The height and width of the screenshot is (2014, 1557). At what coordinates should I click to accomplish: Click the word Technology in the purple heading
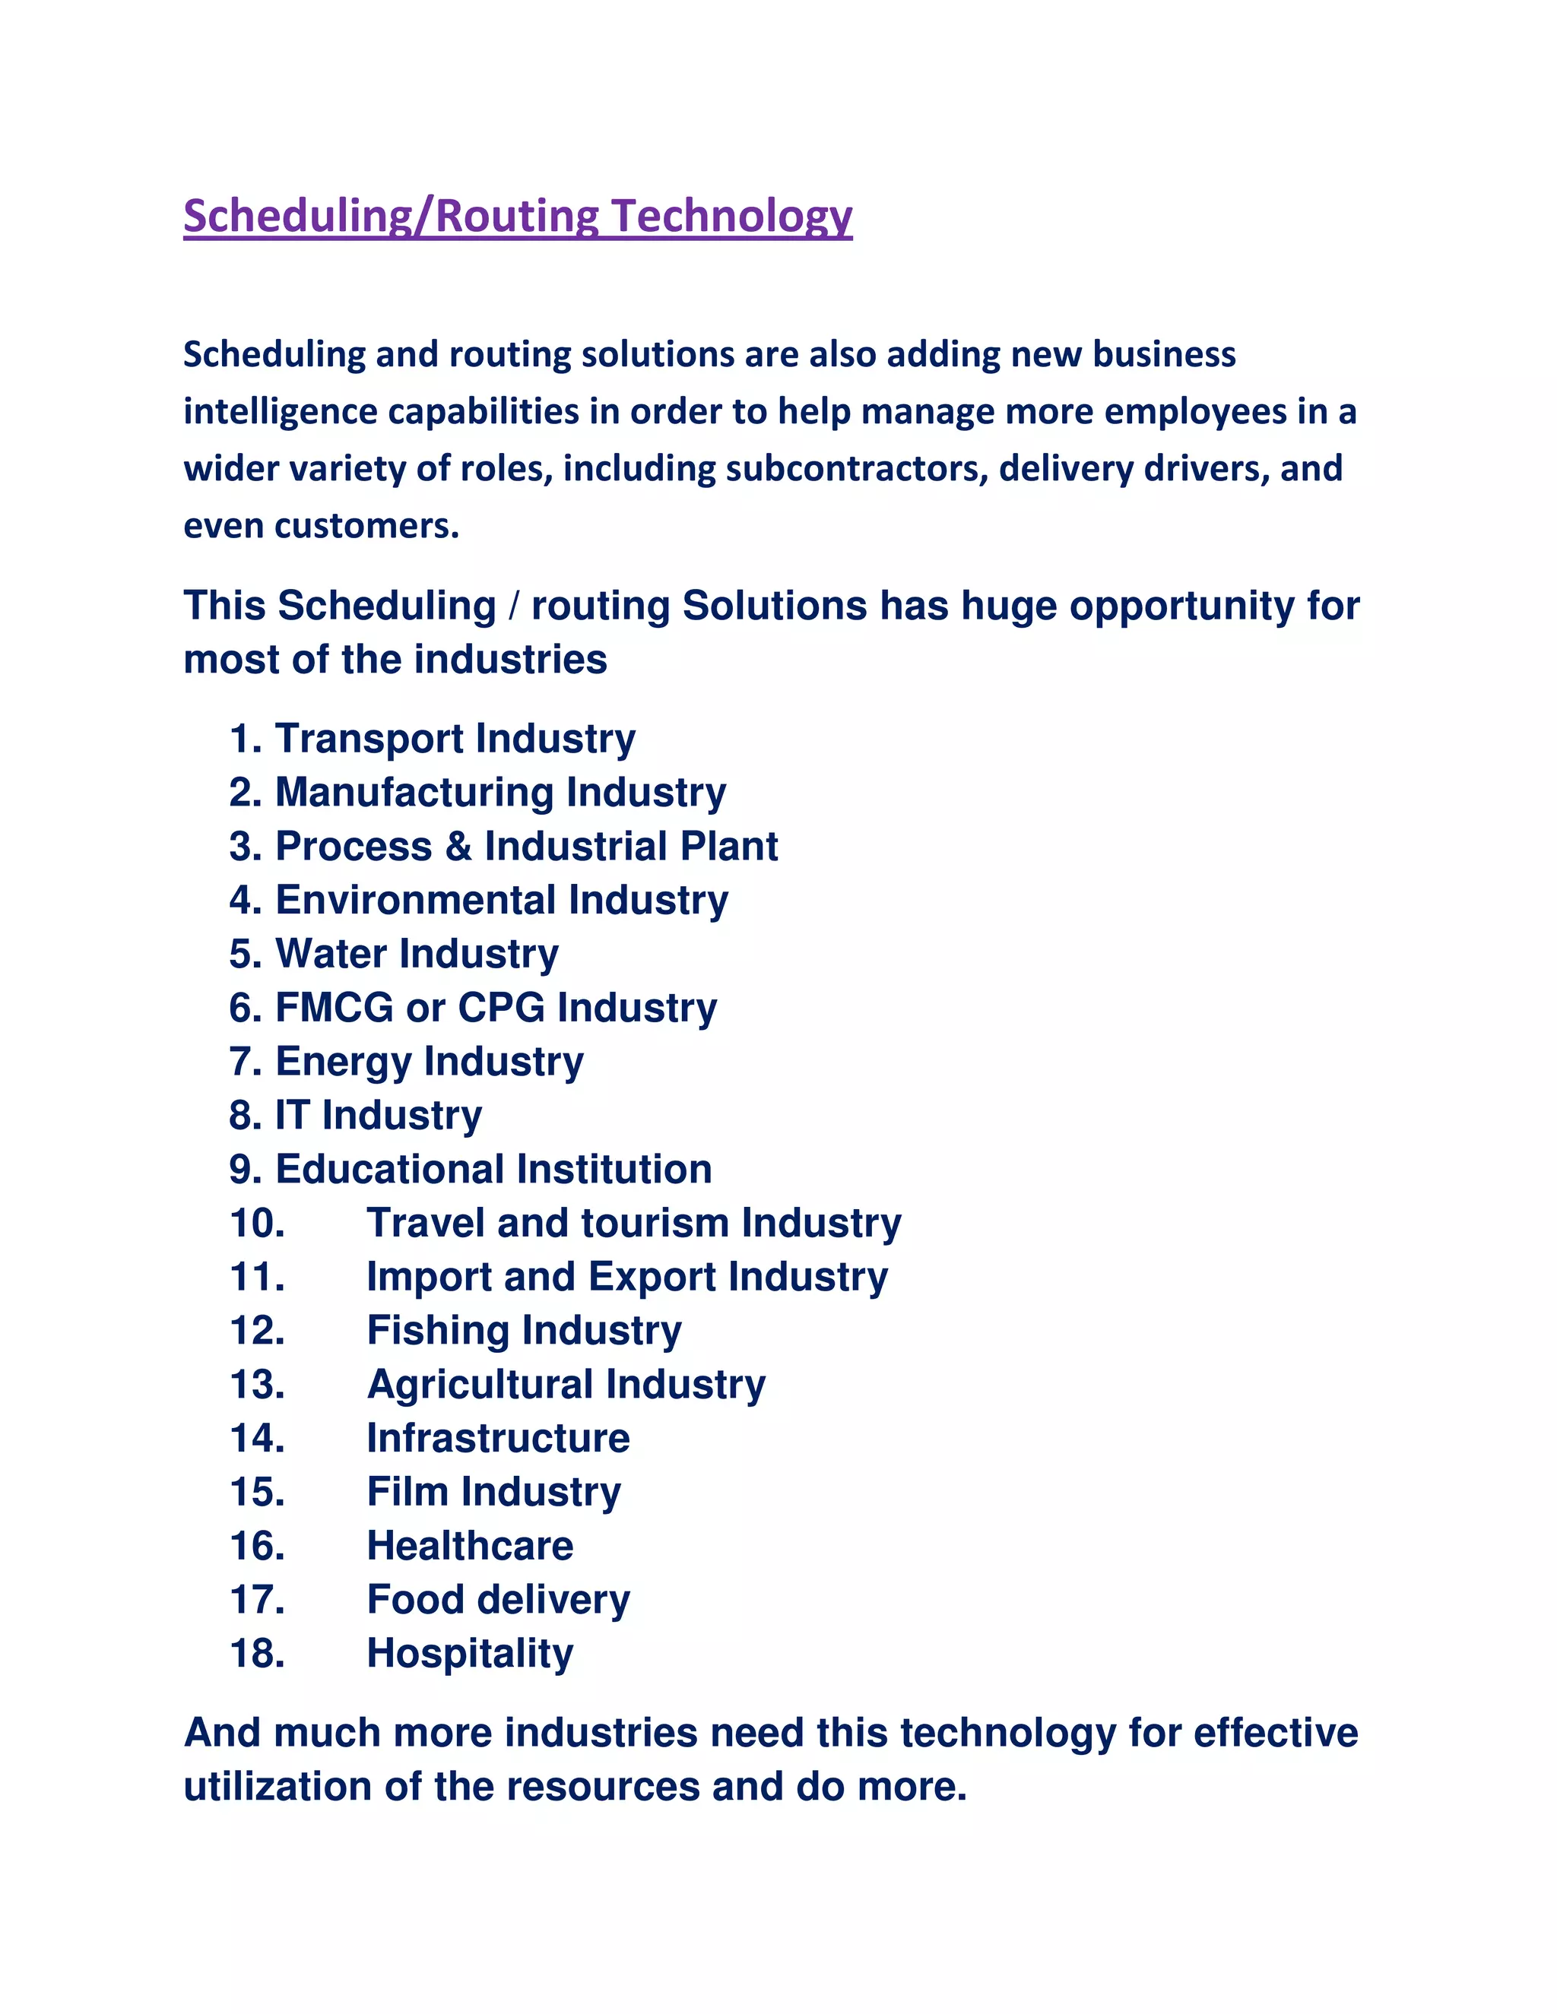731,217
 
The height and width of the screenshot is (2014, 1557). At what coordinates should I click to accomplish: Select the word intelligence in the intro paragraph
281,412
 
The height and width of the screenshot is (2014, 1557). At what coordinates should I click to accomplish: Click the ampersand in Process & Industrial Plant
458,847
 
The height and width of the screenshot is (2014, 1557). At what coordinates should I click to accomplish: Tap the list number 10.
258,1224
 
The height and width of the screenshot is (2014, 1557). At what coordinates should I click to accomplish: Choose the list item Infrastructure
498,1439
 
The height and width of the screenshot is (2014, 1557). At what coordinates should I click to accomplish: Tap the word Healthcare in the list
470,1547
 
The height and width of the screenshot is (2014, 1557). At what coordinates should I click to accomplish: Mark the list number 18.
258,1655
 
